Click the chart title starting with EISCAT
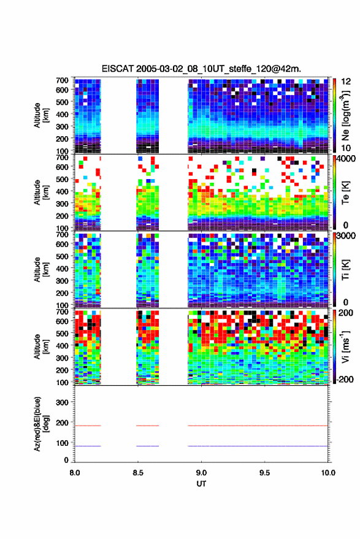(201, 69)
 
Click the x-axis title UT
(201, 484)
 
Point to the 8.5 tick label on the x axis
(138, 473)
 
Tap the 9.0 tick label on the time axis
(201, 473)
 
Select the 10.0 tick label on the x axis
(328, 473)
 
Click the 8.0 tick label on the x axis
(75, 473)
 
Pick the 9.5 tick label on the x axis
(264, 473)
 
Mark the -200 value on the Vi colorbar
(345, 380)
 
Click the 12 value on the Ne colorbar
(346, 82)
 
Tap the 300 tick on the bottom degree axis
(62, 402)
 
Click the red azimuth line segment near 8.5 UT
(148, 426)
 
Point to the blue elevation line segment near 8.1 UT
(88, 446)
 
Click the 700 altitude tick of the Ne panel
(62, 80)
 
